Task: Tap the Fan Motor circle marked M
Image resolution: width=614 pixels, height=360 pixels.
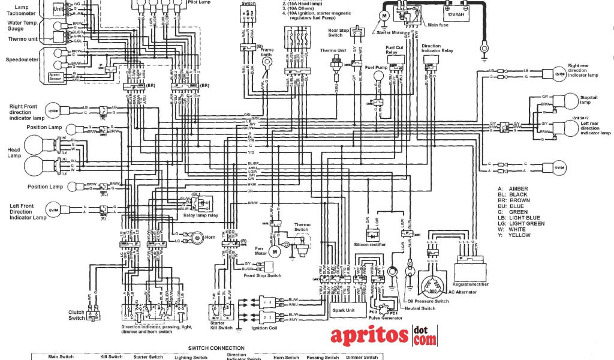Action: pos(275,251)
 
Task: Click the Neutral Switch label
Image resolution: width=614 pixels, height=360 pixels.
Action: pos(419,308)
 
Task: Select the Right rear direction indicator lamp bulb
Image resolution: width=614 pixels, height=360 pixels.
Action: pos(558,73)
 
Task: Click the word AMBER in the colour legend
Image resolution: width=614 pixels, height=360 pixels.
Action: pos(518,189)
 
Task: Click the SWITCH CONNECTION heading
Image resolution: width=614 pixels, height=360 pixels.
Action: pos(216,348)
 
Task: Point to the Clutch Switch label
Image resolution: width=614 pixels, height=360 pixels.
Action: pos(77,315)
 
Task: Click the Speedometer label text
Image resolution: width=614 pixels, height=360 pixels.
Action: pos(23,60)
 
